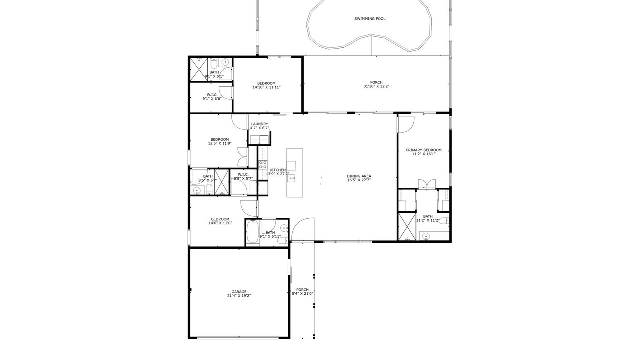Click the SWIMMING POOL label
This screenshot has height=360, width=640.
(x=370, y=19)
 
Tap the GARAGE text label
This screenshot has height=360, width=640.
(x=239, y=292)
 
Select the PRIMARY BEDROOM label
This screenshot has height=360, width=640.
(x=424, y=150)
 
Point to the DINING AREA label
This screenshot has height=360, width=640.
(x=359, y=176)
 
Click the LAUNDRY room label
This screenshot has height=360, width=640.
(x=259, y=124)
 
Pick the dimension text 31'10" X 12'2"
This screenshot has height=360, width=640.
(x=376, y=86)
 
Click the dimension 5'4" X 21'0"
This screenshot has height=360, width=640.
(x=302, y=293)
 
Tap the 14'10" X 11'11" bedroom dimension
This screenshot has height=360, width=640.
(x=267, y=87)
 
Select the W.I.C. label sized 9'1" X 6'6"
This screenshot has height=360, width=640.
(x=212, y=95)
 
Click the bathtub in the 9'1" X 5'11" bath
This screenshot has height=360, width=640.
(x=252, y=231)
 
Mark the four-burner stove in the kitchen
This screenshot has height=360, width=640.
(x=263, y=165)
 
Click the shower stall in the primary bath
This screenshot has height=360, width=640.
(x=407, y=227)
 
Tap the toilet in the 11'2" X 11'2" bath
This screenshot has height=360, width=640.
(x=443, y=221)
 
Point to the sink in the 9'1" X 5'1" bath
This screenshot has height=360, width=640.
(x=225, y=62)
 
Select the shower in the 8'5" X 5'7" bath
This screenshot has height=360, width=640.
(x=222, y=182)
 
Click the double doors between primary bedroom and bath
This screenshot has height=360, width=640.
(x=427, y=184)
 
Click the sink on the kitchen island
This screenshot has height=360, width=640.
(x=291, y=179)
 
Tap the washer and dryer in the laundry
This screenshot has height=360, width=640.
(x=259, y=140)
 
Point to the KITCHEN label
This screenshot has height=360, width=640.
(x=277, y=170)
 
